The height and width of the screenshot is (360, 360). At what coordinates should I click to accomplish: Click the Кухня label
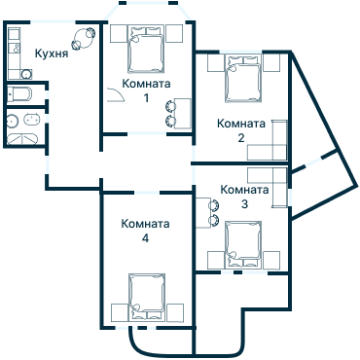(52, 54)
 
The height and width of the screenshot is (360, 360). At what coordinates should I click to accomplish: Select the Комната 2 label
(241, 130)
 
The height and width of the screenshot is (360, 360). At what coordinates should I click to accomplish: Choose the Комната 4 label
(145, 231)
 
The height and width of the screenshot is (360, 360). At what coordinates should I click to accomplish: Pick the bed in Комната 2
(240, 78)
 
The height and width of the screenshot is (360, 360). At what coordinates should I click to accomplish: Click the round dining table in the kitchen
(87, 37)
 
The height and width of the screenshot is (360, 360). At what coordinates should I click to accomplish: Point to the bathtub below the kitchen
(19, 94)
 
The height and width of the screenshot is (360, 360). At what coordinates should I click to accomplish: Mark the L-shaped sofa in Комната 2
(272, 144)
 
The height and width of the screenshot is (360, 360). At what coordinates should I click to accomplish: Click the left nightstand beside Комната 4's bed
(119, 311)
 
